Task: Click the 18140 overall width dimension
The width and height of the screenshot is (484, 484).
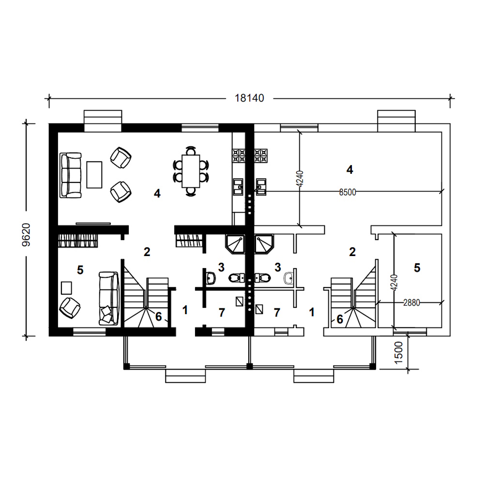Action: coord(249,98)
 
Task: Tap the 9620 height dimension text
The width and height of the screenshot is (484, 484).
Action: coord(27,235)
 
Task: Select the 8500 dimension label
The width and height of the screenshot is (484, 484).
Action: coord(348,192)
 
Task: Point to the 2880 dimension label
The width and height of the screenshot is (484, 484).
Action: coord(411,303)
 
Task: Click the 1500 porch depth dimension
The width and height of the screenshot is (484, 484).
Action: coord(398,352)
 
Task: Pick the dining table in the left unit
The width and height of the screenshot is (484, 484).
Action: coord(191,171)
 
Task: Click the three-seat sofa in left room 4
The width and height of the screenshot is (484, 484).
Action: coord(71,175)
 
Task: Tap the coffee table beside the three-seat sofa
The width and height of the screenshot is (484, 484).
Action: coord(94,174)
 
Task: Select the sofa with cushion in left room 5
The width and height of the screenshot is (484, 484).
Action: coord(108,298)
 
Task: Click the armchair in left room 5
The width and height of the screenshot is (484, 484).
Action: coord(70,308)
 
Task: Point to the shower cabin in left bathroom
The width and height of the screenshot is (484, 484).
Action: coord(235,244)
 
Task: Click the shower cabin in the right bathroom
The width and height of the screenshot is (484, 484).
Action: coord(264,244)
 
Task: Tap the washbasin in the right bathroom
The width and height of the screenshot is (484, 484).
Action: coord(288,278)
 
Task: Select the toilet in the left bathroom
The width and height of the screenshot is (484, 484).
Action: coord(237,278)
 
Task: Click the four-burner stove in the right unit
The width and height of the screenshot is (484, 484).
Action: coord(261,156)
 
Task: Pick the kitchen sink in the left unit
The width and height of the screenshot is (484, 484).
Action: coord(238,187)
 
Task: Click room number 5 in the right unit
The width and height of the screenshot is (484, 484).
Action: coord(417,268)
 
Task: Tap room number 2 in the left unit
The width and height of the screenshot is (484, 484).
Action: coord(147,252)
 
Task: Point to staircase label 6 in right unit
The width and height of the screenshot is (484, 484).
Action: coord(340,319)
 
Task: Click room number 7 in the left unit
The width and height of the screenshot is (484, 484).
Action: coord(222,313)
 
